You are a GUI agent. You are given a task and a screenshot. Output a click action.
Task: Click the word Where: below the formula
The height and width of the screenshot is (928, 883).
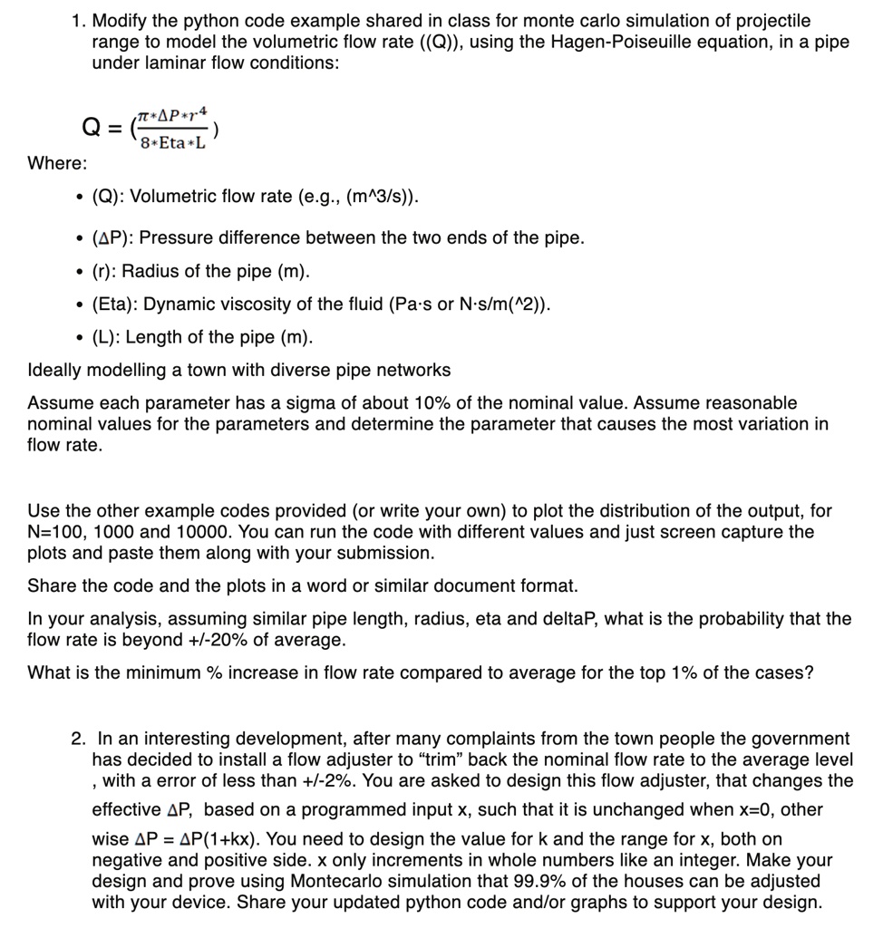[58, 163]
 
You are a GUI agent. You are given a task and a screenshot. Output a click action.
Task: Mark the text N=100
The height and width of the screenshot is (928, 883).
[57, 532]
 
